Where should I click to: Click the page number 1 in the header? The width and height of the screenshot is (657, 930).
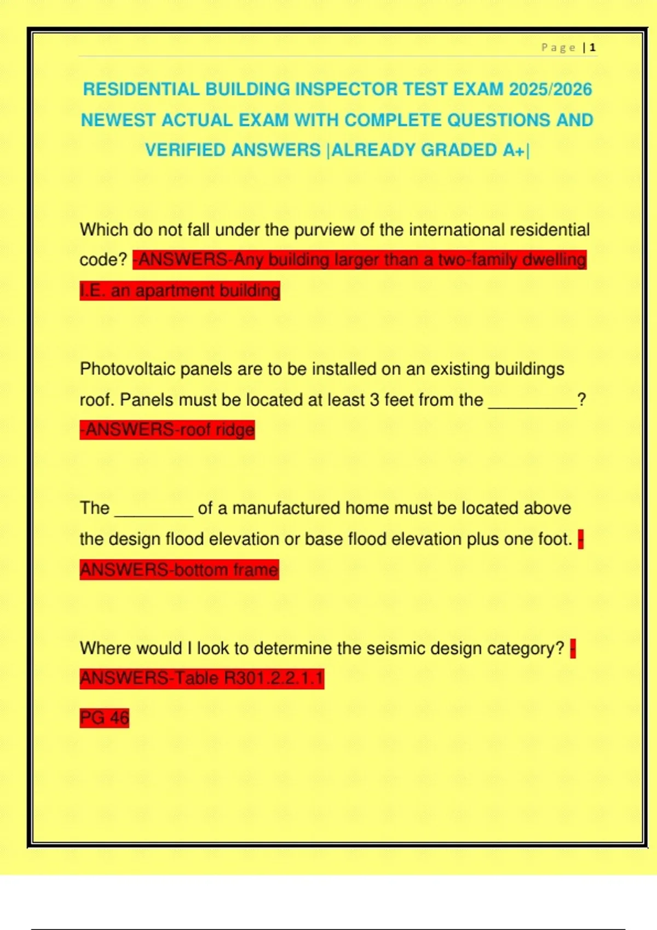click(x=593, y=48)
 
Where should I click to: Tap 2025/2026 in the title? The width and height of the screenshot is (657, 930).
click(x=550, y=89)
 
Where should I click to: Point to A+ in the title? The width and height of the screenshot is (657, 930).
click(x=514, y=150)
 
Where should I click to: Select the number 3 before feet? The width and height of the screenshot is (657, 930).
click(x=374, y=400)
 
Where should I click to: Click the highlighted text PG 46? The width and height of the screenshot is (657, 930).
click(x=105, y=718)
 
